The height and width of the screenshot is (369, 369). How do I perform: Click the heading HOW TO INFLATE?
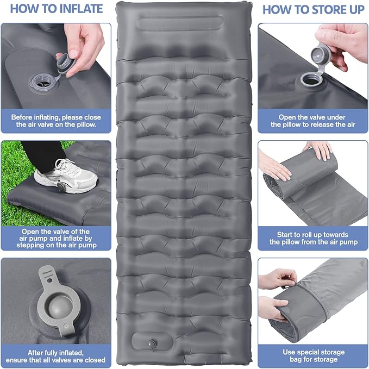56,9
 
